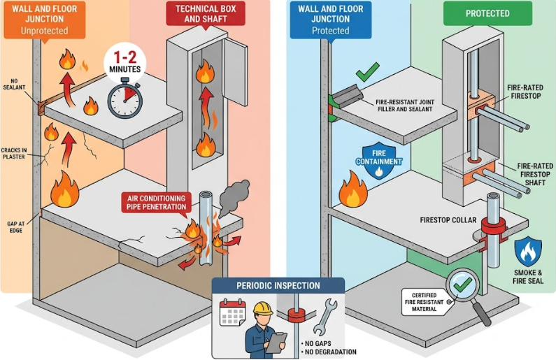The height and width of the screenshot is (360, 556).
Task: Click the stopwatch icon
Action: pos(124,99)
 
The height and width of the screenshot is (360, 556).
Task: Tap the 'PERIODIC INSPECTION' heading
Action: pos(278,285)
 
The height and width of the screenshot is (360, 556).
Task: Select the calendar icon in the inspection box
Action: pos(231,314)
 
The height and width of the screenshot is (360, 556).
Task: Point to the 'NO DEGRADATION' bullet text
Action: pos(331,352)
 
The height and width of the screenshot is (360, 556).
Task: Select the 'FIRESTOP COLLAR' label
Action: pos(448,220)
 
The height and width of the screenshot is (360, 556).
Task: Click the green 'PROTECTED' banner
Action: pos(487,13)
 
